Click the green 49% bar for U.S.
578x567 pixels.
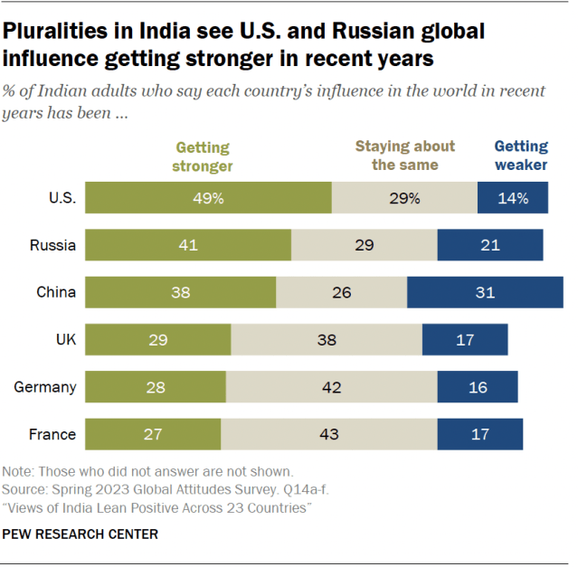click(x=208, y=198)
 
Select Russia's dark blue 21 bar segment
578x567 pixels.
click(x=489, y=245)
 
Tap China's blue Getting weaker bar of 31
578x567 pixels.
click(x=485, y=292)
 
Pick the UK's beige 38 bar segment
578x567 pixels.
click(x=327, y=339)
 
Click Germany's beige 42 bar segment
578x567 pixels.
click(x=331, y=387)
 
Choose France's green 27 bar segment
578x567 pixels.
click(x=153, y=434)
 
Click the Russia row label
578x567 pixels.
click(x=53, y=245)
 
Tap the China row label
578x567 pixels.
click(x=56, y=292)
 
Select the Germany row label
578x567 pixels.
click(x=45, y=387)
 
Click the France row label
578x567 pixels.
click(x=52, y=434)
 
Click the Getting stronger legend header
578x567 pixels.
click(x=204, y=156)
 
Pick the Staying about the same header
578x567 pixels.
click(x=404, y=155)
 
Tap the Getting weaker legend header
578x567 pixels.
click(x=520, y=155)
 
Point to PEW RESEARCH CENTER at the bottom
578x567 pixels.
click(x=81, y=534)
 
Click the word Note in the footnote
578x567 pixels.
click(x=17, y=472)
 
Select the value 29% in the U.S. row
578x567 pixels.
click(x=404, y=198)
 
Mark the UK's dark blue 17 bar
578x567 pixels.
click(x=465, y=339)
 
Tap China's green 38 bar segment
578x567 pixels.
click(x=180, y=292)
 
